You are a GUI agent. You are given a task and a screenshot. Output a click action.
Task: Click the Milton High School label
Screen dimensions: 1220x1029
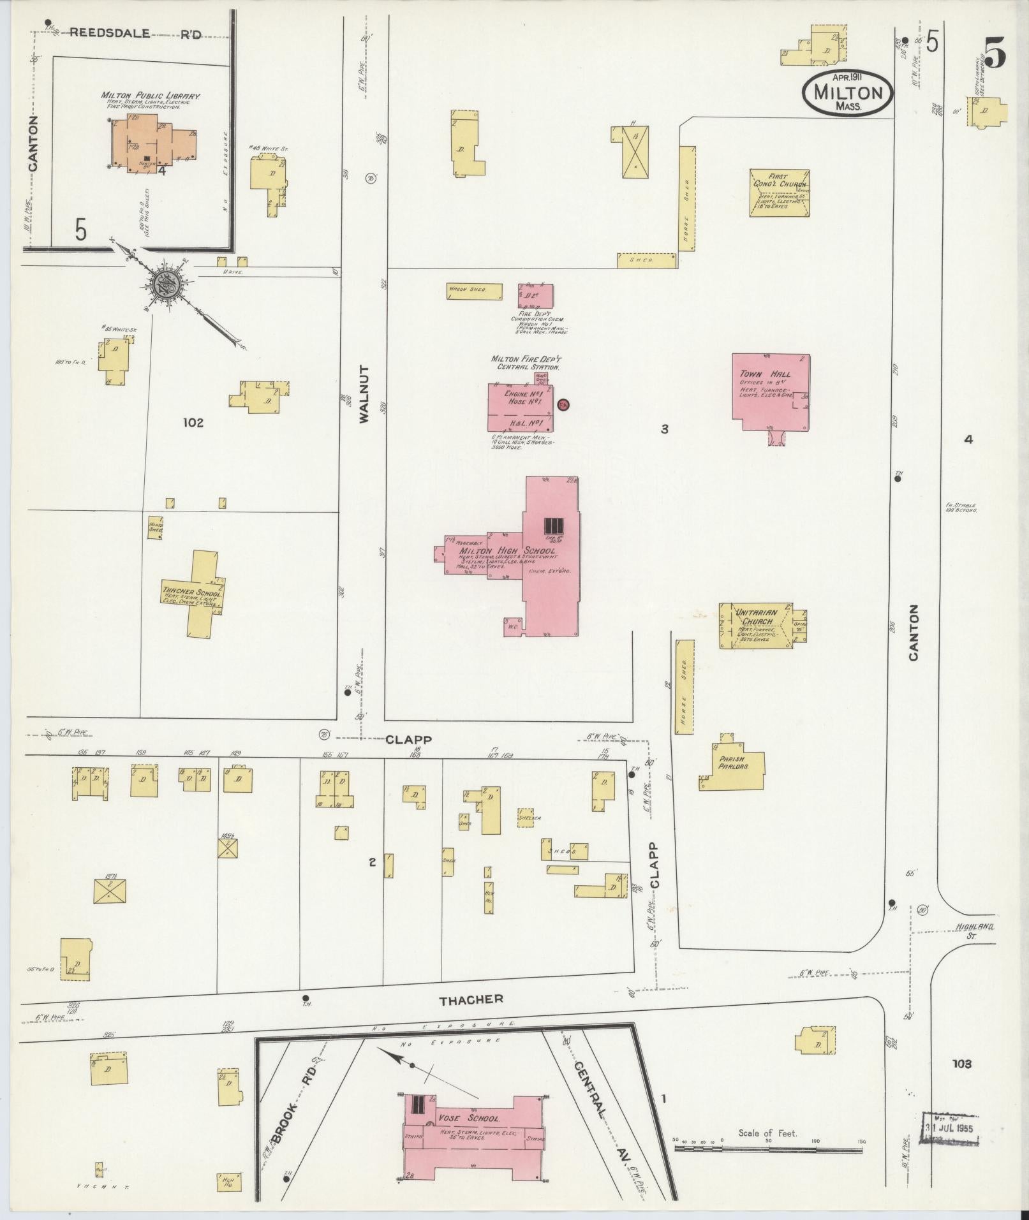click(507, 550)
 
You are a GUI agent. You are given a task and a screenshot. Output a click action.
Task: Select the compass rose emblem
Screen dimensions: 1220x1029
click(165, 280)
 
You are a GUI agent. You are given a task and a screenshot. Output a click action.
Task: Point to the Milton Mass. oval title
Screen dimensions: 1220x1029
click(848, 93)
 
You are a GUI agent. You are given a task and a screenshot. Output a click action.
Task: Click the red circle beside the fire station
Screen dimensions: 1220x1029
click(563, 404)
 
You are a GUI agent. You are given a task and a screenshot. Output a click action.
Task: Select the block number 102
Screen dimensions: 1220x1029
click(193, 422)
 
